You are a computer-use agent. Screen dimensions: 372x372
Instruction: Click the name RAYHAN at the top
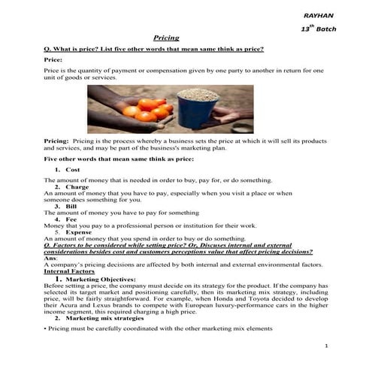[316, 14]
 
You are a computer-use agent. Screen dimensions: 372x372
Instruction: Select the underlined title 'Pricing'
[165, 38]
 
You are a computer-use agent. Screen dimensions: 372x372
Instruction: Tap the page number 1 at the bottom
[327, 346]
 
